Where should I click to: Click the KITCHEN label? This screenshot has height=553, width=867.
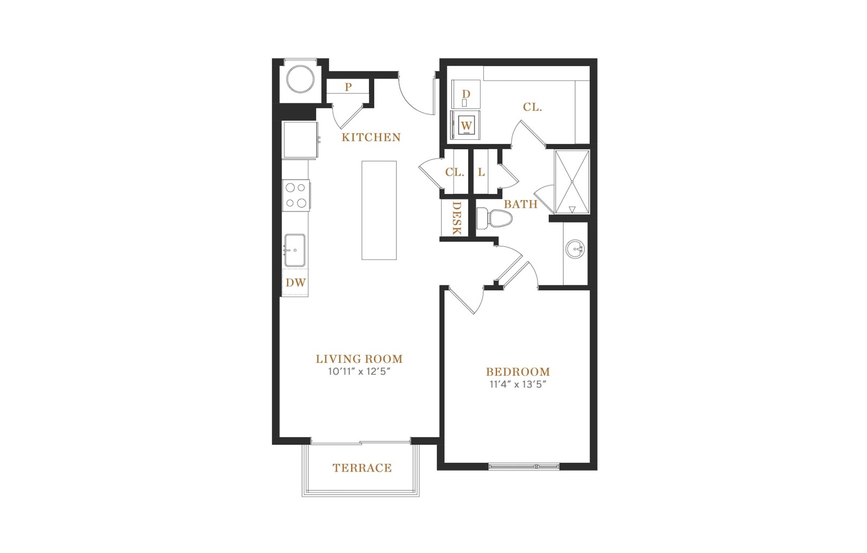coord(371,137)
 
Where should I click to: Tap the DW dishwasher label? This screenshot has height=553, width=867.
coord(296,282)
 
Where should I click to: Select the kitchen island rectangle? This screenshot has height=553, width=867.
coord(379,210)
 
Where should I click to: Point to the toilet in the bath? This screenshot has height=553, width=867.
coord(494,219)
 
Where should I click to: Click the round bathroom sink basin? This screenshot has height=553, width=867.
coord(575,249)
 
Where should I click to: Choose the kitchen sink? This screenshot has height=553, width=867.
coord(295,250)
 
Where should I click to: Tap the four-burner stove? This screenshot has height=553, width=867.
coord(296,196)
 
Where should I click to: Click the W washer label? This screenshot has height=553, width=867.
coord(467,126)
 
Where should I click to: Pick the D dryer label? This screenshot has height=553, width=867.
coord(466,94)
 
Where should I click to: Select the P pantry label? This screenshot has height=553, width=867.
coord(348,87)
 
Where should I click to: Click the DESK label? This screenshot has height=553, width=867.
coord(457,218)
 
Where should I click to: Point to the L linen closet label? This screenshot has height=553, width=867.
coord(481,172)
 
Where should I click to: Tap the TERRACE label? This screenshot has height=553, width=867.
coord(363,468)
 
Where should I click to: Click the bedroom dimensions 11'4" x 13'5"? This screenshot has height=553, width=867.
coord(518,384)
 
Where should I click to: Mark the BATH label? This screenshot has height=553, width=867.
coord(521,204)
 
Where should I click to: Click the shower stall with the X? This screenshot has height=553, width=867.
coord(572,182)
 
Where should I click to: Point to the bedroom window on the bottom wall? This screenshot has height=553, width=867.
coord(524,466)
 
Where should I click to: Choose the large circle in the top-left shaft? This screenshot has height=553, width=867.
coord(300,79)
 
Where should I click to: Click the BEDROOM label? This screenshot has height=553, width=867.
coord(518,372)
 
